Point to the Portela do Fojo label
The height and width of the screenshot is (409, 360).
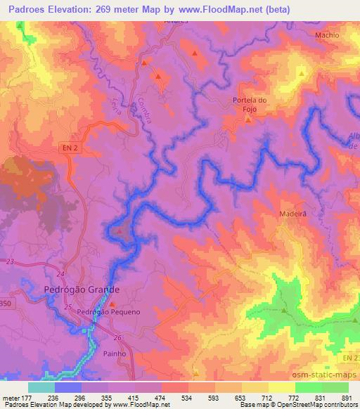coord(250,104)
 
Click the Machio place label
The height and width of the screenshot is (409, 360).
coord(327,34)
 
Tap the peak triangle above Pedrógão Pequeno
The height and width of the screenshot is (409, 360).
coord(111,304)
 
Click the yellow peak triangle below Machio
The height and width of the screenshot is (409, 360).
coord(301,72)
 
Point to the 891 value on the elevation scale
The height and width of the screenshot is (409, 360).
coord(347,398)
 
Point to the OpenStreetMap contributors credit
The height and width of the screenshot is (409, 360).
coord(325,405)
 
